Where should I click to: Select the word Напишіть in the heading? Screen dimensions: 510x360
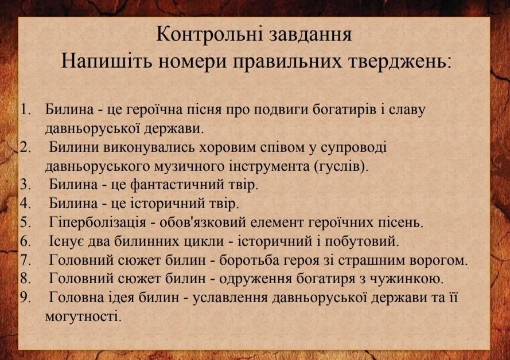(106, 61)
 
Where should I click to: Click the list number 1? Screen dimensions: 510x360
(25, 109)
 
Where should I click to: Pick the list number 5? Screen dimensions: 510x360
(25, 222)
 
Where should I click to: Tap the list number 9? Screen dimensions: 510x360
(25, 298)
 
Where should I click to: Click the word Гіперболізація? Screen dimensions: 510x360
(98, 223)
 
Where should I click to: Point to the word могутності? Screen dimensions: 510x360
(83, 316)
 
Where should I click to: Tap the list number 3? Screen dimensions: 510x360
(25, 185)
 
